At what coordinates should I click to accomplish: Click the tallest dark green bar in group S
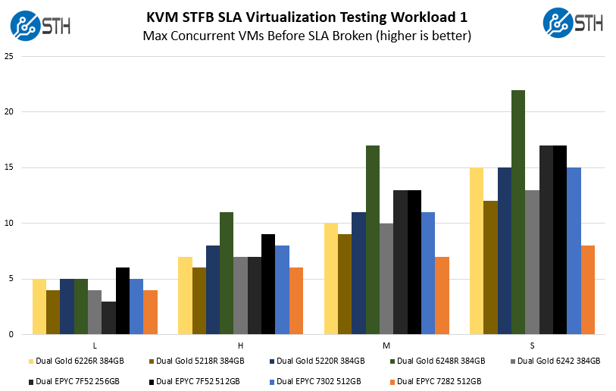point(518,212)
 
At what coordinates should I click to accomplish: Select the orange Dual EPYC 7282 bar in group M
point(442,296)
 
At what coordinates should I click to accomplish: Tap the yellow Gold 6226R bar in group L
point(39,306)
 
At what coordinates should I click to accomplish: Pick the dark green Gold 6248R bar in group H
point(227,273)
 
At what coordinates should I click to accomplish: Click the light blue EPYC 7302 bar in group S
point(574,251)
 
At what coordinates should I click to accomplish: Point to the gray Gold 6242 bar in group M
point(386,278)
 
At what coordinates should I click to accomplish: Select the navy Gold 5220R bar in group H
point(213,289)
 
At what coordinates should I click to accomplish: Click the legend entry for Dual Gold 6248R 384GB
point(439,361)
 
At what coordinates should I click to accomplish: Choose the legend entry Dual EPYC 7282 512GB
point(439,380)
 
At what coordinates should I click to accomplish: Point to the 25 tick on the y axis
point(8,56)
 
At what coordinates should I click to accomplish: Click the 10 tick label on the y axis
point(8,223)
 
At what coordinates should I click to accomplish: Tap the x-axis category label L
point(95,346)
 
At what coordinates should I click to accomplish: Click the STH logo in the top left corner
point(40,23)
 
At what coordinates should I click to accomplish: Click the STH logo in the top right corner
point(573,23)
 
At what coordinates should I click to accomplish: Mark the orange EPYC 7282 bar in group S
point(587,289)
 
